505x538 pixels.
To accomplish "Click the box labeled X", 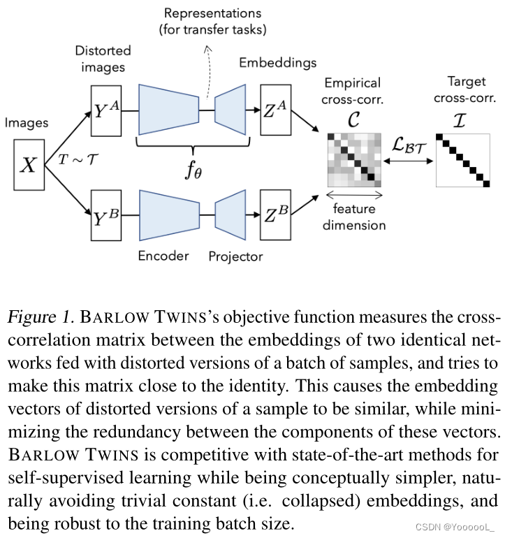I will (29, 165).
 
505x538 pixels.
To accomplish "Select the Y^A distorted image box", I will (106, 110).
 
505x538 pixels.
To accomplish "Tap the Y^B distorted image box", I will (106, 217).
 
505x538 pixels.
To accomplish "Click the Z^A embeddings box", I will (276, 110).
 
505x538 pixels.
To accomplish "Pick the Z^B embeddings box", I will (276, 217).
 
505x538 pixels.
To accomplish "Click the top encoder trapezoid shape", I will (168, 110).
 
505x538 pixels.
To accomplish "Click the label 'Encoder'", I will (163, 256).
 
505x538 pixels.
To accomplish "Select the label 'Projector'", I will (235, 256).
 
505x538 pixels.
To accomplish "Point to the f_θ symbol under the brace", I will (193, 170).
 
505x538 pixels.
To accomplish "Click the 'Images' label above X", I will (27, 123).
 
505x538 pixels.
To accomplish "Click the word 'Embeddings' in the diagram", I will (277, 63).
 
